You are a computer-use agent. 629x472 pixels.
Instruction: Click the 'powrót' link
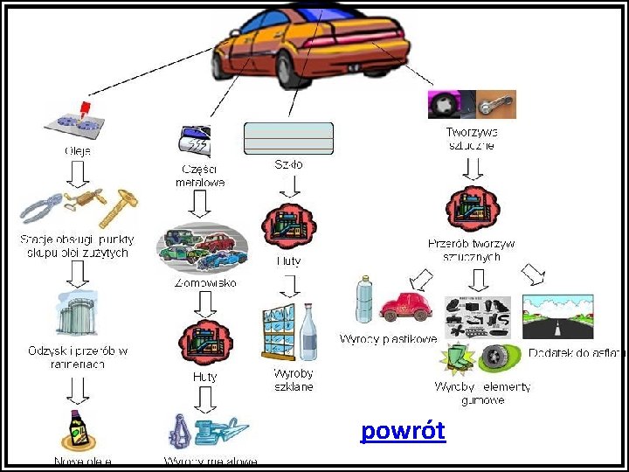(403, 431)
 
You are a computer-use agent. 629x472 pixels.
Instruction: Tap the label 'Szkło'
(288, 163)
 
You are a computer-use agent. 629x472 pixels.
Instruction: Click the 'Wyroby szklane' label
(293, 379)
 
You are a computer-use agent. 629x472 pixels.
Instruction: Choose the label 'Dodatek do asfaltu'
(577, 353)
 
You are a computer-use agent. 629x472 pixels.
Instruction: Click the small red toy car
(407, 307)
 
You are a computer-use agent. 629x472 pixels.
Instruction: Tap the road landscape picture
(557, 316)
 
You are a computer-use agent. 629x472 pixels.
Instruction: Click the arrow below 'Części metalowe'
(201, 205)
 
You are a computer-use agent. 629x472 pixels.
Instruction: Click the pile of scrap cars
(202, 246)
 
